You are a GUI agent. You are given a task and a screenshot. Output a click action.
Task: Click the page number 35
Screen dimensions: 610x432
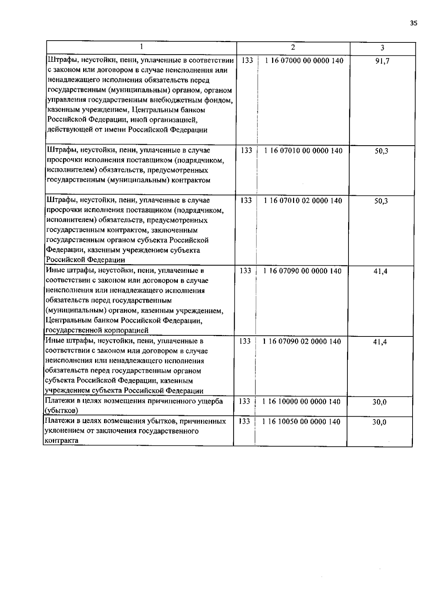coord(414,23)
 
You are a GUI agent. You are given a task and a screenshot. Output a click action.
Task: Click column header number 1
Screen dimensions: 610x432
coord(141,46)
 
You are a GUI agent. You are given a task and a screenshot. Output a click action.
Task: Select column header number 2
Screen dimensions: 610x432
coord(293,47)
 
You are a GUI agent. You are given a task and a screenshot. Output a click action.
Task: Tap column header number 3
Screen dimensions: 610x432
coord(382,48)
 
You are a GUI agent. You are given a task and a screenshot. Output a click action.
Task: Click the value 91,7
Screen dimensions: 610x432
coord(382,61)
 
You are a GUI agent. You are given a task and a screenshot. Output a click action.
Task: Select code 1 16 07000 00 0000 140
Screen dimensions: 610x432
coord(304,60)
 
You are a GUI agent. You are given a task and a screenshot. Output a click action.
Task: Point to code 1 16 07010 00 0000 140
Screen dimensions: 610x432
coord(303,151)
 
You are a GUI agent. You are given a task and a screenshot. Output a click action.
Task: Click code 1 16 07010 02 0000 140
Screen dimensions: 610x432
coord(303,201)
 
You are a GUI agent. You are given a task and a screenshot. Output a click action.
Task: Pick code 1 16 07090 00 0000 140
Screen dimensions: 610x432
coord(302,271)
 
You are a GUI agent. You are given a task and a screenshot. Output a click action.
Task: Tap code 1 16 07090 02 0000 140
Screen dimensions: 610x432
coord(302,341)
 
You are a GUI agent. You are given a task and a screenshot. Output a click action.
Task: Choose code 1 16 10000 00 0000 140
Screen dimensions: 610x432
coord(302,402)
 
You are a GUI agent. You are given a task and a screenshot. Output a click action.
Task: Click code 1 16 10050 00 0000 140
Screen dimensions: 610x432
coord(302,422)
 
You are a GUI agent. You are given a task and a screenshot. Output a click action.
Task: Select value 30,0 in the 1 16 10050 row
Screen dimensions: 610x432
coord(379,422)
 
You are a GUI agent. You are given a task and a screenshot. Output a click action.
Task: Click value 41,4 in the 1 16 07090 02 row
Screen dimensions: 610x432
coord(380,342)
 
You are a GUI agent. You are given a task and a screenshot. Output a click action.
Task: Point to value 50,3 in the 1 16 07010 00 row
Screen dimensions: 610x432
coord(381,151)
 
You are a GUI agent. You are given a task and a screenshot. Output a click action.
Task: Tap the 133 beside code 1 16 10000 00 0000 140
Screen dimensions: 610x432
coord(244,402)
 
